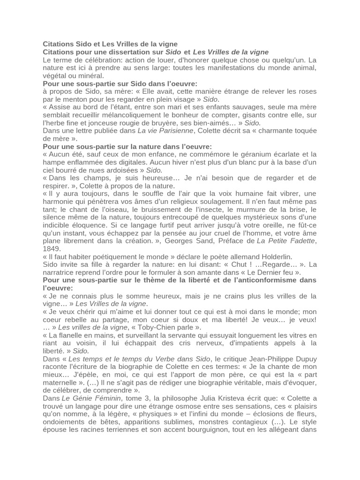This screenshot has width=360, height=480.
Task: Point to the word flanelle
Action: pyautogui.click(x=68, y=336)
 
